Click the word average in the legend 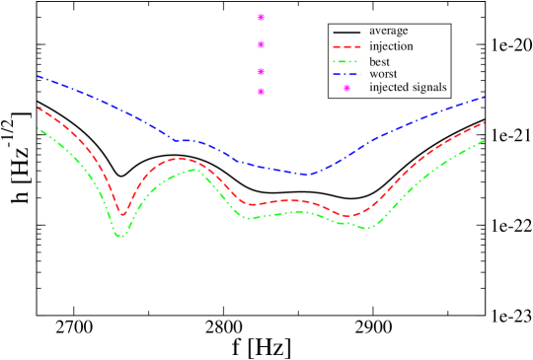390,31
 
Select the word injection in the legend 391,45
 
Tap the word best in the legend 379,61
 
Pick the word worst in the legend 382,73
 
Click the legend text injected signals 408,87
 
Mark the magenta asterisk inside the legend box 346,88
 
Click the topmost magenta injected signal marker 261,17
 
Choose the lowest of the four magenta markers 261,92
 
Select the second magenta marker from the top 261,44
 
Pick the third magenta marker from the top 261,71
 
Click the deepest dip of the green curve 120,237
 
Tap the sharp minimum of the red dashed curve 123,214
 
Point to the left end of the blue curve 38,75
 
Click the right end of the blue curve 485,97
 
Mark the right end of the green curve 485,140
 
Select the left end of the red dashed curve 38,108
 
